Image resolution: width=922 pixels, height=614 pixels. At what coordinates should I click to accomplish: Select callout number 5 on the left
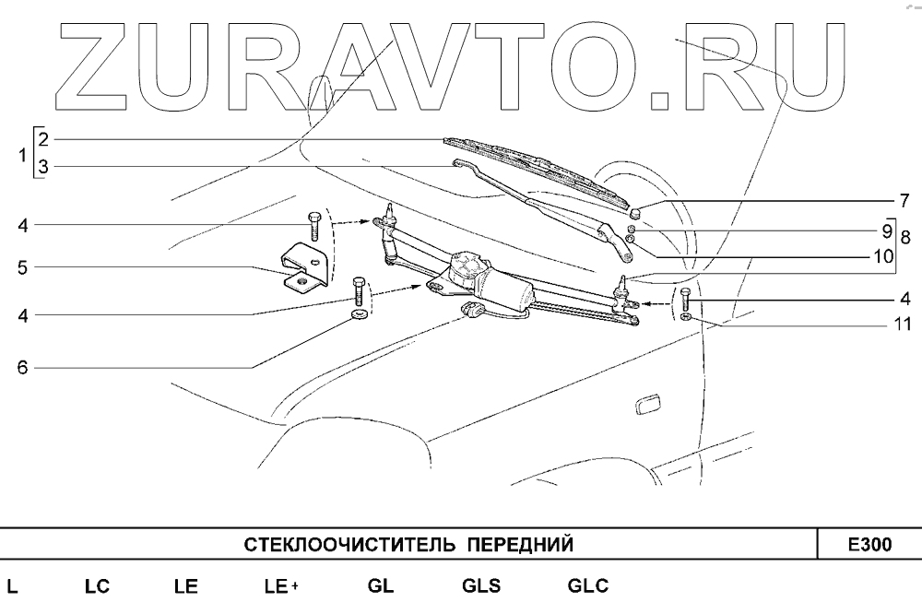21,268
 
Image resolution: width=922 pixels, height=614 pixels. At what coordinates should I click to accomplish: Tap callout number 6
21,367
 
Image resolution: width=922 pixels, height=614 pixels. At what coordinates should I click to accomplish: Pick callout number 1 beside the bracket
21,155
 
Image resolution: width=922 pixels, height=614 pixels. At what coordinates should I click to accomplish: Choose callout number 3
42,167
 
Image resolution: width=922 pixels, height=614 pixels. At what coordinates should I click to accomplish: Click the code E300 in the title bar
869,545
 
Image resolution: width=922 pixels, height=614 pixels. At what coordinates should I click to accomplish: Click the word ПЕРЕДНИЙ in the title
522,545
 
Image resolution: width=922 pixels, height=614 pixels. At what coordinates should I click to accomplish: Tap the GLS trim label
480,586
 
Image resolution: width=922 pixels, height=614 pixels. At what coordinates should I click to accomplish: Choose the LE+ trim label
280,586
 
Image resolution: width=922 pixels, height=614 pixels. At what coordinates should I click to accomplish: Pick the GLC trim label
587,586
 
